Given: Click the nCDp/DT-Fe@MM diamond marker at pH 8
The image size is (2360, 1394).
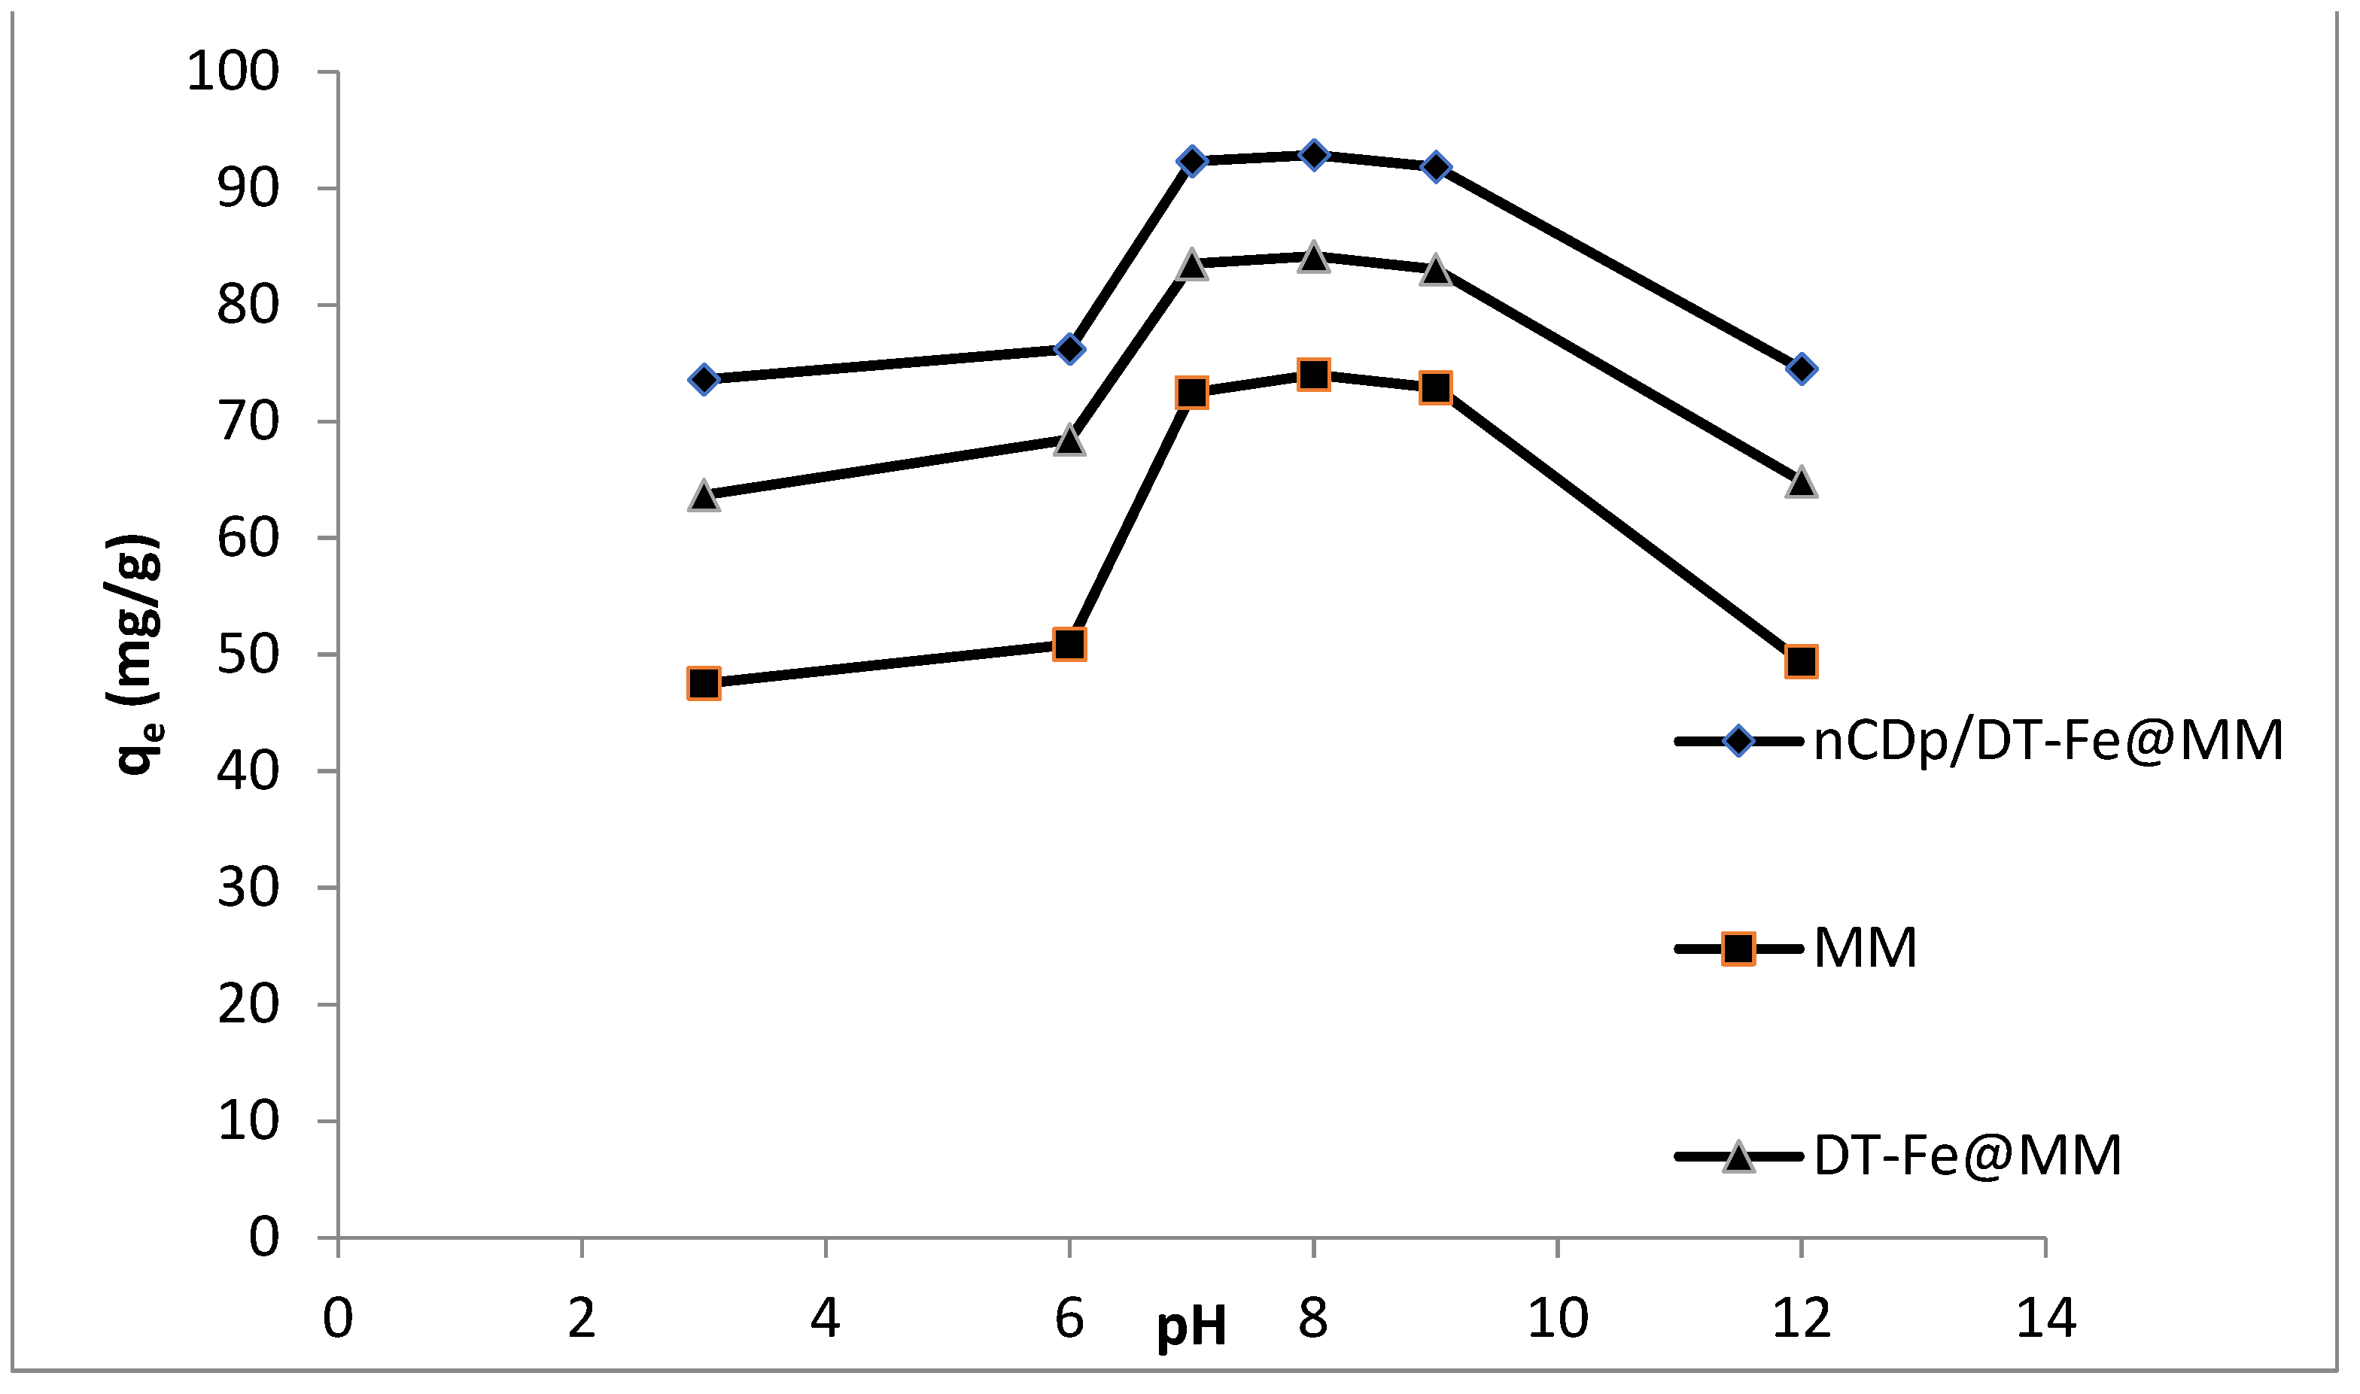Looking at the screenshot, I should pyautogui.click(x=1313, y=154).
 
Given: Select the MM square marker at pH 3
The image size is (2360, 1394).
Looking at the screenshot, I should pyautogui.click(x=704, y=683).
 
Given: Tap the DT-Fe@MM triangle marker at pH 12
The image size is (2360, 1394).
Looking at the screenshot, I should pyautogui.click(x=1801, y=483).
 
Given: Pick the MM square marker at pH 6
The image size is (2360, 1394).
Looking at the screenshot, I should pyautogui.click(x=1069, y=645).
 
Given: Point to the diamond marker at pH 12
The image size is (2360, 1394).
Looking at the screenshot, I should pyautogui.click(x=1801, y=368).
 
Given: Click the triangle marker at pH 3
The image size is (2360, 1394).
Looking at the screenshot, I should pyautogui.click(x=704, y=496).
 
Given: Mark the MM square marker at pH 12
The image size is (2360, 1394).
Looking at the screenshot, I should pyautogui.click(x=1801, y=661).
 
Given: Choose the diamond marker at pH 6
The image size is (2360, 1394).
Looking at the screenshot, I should pyautogui.click(x=1069, y=349).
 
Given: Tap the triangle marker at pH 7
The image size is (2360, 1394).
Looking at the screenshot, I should pyautogui.click(x=1191, y=264).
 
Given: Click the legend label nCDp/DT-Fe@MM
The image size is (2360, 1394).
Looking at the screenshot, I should pyautogui.click(x=2048, y=741).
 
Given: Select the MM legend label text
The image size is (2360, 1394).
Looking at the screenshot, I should pyautogui.click(x=1866, y=949).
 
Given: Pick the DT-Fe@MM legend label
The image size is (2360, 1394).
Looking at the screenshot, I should pyautogui.click(x=1968, y=1156).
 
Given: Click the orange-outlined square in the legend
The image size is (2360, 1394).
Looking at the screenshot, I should pyautogui.click(x=1739, y=949).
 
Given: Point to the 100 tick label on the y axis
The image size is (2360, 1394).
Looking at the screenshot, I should pyautogui.click(x=233, y=71).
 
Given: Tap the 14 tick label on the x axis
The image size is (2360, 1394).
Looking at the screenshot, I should pyautogui.click(x=2046, y=1319).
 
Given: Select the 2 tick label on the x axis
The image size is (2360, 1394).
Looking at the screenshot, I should pyautogui.click(x=582, y=1319).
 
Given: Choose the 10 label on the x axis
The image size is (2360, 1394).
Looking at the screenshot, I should pyautogui.click(x=1558, y=1319).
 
